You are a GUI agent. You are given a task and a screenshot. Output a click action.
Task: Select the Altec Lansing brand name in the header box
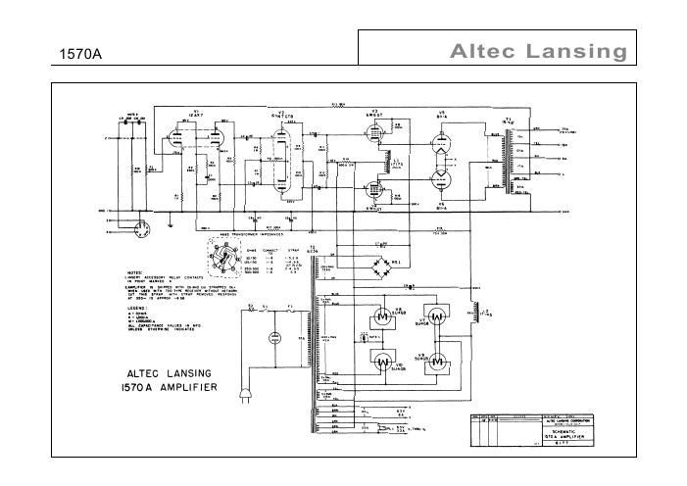pyautogui.click(x=537, y=52)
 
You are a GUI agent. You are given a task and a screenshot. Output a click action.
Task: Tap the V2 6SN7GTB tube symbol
pyautogui.click(x=283, y=165)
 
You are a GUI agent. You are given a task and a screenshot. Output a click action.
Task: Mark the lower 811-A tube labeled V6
pyautogui.click(x=442, y=178)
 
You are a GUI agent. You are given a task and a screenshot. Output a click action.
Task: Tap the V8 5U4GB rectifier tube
pyautogui.click(x=382, y=316)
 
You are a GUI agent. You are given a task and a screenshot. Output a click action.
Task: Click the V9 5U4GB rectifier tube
pyautogui.click(x=437, y=360)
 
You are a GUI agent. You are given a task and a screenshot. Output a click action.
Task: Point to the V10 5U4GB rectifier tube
pyautogui.click(x=382, y=360)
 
